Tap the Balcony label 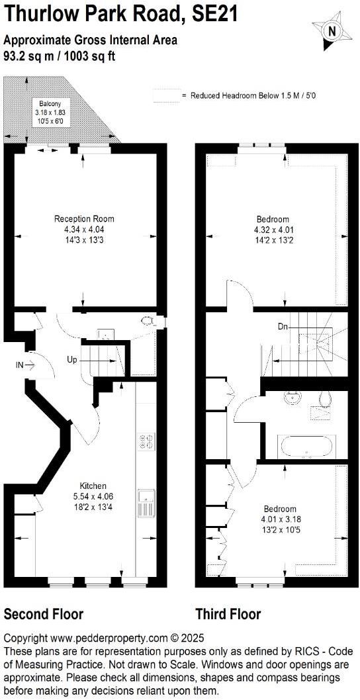click(50, 103)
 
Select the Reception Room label click(84, 218)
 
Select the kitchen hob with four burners click(146, 441)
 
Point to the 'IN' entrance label click(21, 364)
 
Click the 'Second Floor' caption click(44, 614)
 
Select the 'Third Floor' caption click(228, 614)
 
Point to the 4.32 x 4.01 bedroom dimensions click(273, 230)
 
